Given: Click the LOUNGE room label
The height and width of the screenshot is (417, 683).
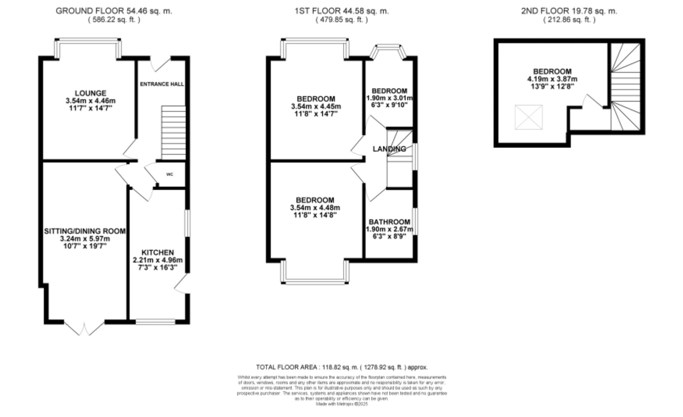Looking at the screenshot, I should (x=90, y=93).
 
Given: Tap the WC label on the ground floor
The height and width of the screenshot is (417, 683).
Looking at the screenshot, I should (x=170, y=174).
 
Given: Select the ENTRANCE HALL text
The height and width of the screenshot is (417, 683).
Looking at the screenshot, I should (x=162, y=84).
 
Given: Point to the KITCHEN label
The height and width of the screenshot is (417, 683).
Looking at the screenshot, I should (x=157, y=252).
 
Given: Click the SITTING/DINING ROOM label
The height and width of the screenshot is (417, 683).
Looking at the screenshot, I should (x=85, y=231).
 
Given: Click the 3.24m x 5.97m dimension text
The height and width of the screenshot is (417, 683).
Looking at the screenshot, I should (x=85, y=239).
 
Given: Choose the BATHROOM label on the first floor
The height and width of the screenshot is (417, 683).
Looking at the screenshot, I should (x=389, y=222).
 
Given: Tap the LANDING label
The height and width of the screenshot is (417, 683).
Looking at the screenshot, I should (x=389, y=149).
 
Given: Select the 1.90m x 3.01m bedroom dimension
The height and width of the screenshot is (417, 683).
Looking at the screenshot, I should (x=389, y=98).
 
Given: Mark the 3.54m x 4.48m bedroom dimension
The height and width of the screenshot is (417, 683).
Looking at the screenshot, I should (x=315, y=207).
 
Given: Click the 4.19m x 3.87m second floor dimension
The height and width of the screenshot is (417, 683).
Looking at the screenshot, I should (x=552, y=79).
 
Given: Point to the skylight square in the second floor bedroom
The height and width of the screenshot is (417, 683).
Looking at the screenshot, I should (x=528, y=117).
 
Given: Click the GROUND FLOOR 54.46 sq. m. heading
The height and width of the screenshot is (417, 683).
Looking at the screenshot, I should (x=114, y=11).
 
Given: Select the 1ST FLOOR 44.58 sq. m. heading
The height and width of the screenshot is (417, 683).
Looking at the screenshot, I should (x=341, y=11).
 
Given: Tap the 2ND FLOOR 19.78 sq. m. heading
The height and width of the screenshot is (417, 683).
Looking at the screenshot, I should (x=569, y=11).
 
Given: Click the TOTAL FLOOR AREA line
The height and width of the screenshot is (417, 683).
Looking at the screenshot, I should (x=341, y=367).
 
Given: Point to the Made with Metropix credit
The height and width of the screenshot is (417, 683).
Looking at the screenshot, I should (x=341, y=404).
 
